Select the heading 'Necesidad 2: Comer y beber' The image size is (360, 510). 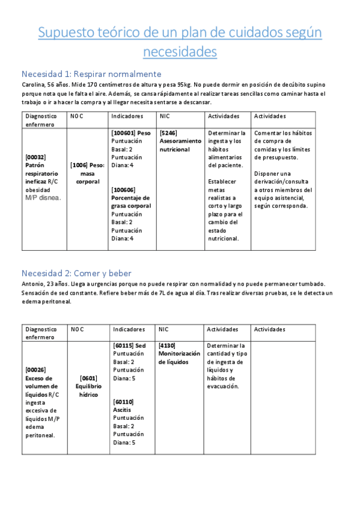coord(76,273)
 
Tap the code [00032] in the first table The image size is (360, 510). coord(35,156)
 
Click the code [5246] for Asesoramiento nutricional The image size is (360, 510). coord(168,132)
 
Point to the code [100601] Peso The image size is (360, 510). coord(124,132)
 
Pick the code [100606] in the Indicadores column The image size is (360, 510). coord(123,189)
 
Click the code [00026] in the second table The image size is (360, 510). coord(35,370)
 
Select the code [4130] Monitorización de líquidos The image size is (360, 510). coord(167,346)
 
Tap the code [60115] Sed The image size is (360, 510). coord(123,346)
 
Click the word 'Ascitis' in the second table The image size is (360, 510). coord(123,410)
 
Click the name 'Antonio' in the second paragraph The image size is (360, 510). coord(32,284)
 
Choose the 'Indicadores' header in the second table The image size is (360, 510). coord(128,330)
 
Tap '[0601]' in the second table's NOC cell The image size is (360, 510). coord(88,378)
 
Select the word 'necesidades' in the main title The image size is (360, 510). coord(180,52)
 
